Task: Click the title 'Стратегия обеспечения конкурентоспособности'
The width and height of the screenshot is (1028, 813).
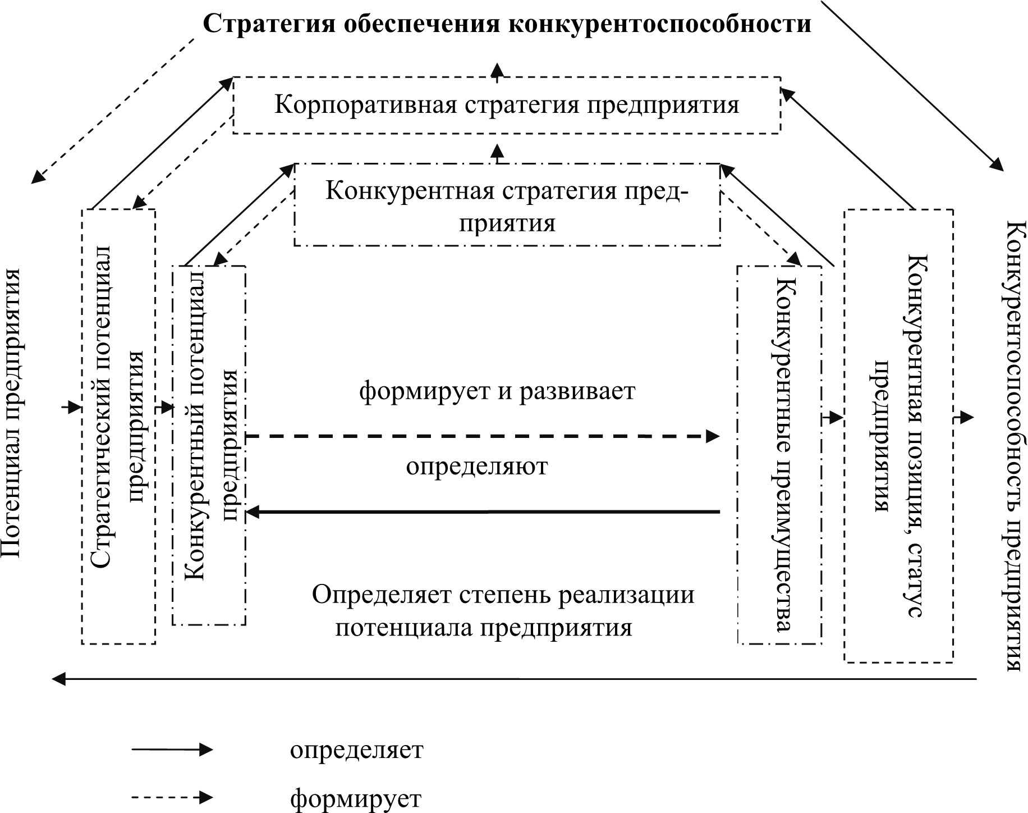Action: coord(507,24)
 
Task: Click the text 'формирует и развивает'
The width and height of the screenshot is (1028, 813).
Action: coord(497,391)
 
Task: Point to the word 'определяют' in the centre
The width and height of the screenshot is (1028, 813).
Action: coord(477,466)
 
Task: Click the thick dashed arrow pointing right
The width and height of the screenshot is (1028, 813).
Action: coord(483,436)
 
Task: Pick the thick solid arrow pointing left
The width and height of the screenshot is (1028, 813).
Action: coord(483,511)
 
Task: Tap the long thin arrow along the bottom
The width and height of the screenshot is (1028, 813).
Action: coord(514,679)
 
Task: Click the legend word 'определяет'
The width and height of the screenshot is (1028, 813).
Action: coord(357,750)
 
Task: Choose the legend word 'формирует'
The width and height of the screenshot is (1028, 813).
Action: coord(356,798)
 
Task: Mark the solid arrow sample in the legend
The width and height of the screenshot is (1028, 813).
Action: coord(172,750)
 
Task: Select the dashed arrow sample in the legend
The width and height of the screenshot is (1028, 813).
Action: coord(172,797)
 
